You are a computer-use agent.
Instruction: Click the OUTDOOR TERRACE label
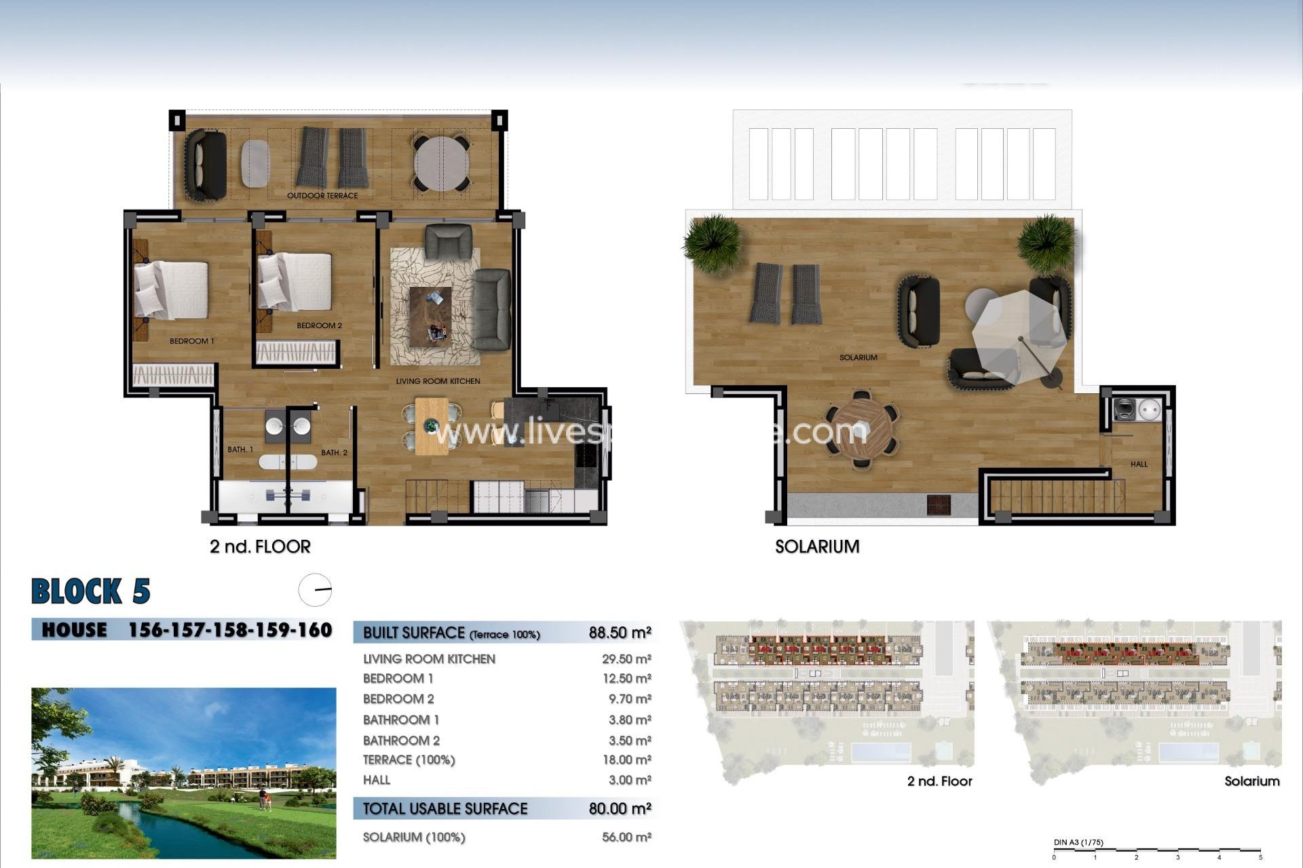[322, 196]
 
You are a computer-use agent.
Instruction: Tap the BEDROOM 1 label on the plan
[191, 341]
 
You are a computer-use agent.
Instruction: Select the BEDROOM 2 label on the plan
[319, 325]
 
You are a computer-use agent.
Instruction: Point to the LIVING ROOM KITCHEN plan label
[438, 381]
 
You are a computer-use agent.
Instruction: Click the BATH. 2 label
[334, 452]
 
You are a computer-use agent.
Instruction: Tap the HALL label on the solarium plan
[1139, 465]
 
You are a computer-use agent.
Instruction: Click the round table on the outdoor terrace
[441, 164]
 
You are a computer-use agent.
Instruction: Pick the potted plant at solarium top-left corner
[712, 242]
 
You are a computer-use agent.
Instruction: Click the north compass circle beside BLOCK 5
[315, 590]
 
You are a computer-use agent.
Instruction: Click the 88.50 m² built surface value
[620, 633]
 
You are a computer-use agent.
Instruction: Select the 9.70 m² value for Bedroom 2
[626, 699]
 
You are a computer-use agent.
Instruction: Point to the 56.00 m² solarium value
[626, 837]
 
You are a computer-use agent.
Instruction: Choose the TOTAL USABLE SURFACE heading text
[445, 809]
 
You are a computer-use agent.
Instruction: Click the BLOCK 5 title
[90, 591]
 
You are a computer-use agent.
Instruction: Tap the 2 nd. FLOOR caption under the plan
[260, 547]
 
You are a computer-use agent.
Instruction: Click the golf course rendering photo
[183, 773]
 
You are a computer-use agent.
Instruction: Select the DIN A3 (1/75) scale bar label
[1078, 843]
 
